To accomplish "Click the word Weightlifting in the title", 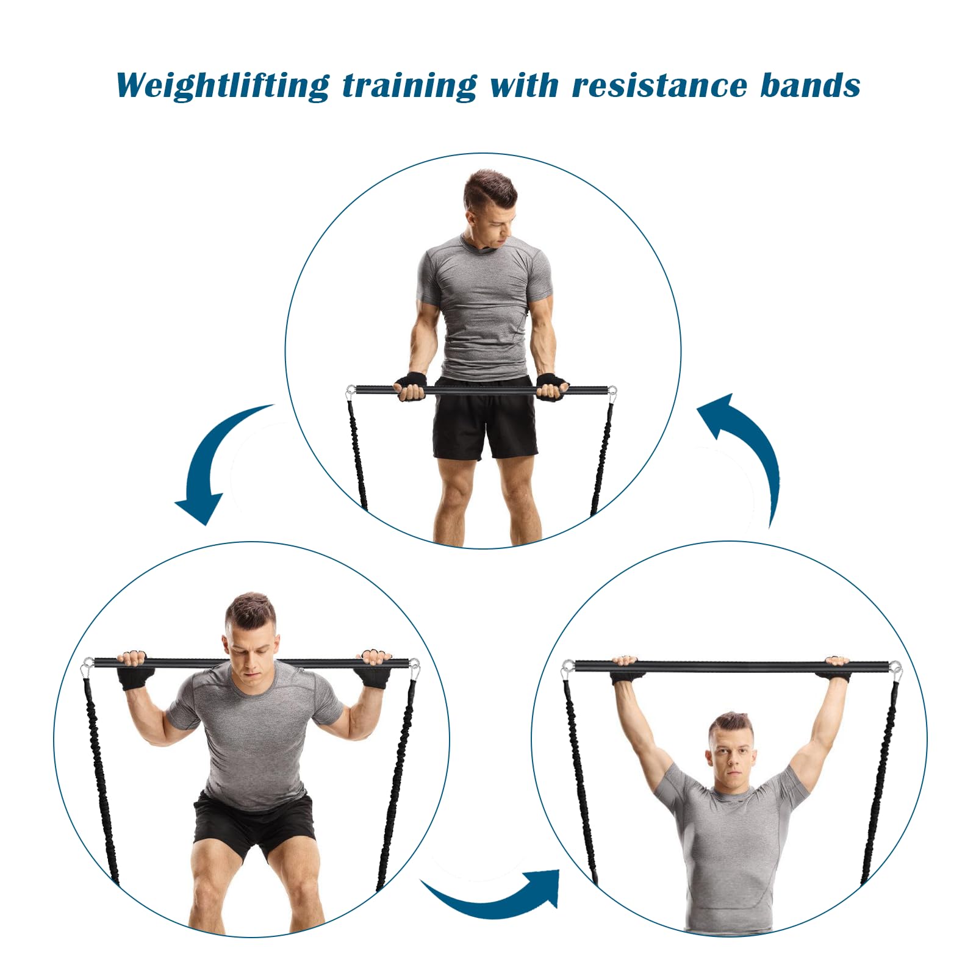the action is point(223,85).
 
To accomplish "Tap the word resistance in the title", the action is point(659,85).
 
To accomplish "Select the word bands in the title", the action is point(810,85).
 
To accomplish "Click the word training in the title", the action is point(409,86).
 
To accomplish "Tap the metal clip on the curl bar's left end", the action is point(351,392).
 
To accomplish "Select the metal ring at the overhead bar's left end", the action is point(568,667).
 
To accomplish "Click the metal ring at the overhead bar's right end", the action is point(895,667).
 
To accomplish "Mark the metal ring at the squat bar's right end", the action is point(414,665).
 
